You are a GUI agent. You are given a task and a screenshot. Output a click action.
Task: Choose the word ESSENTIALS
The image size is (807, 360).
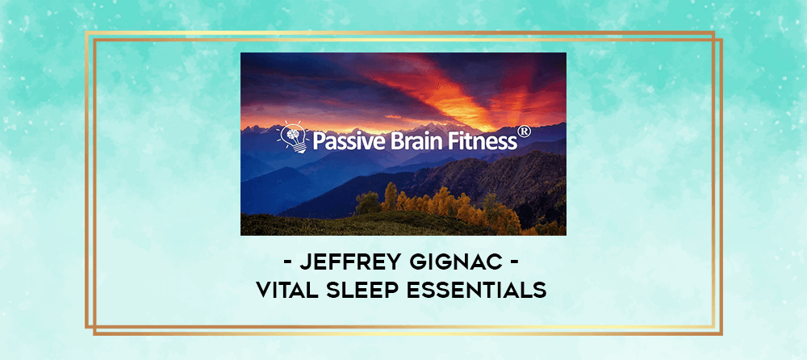[x=477, y=291]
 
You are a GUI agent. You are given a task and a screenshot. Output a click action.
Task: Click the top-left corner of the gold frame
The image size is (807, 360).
[x=86, y=32]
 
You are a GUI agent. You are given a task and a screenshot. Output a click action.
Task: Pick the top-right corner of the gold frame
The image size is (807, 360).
[x=721, y=32]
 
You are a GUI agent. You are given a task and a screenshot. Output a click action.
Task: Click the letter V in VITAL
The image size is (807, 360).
[x=264, y=291]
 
